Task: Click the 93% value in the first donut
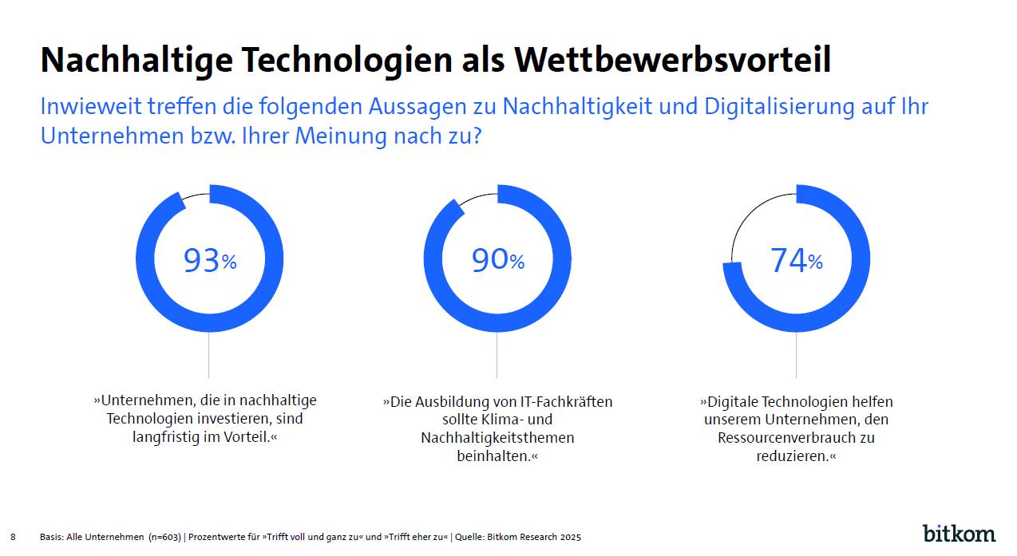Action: [210, 261]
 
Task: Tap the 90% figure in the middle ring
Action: [497, 260]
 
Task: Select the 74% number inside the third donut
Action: [796, 261]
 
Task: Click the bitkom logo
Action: [959, 533]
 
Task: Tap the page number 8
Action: [13, 537]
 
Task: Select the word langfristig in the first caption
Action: [164, 437]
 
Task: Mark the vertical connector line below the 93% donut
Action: [209, 355]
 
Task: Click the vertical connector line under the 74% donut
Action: [796, 355]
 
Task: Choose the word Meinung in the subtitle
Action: [342, 136]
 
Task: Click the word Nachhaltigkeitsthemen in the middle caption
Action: [497, 438]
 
